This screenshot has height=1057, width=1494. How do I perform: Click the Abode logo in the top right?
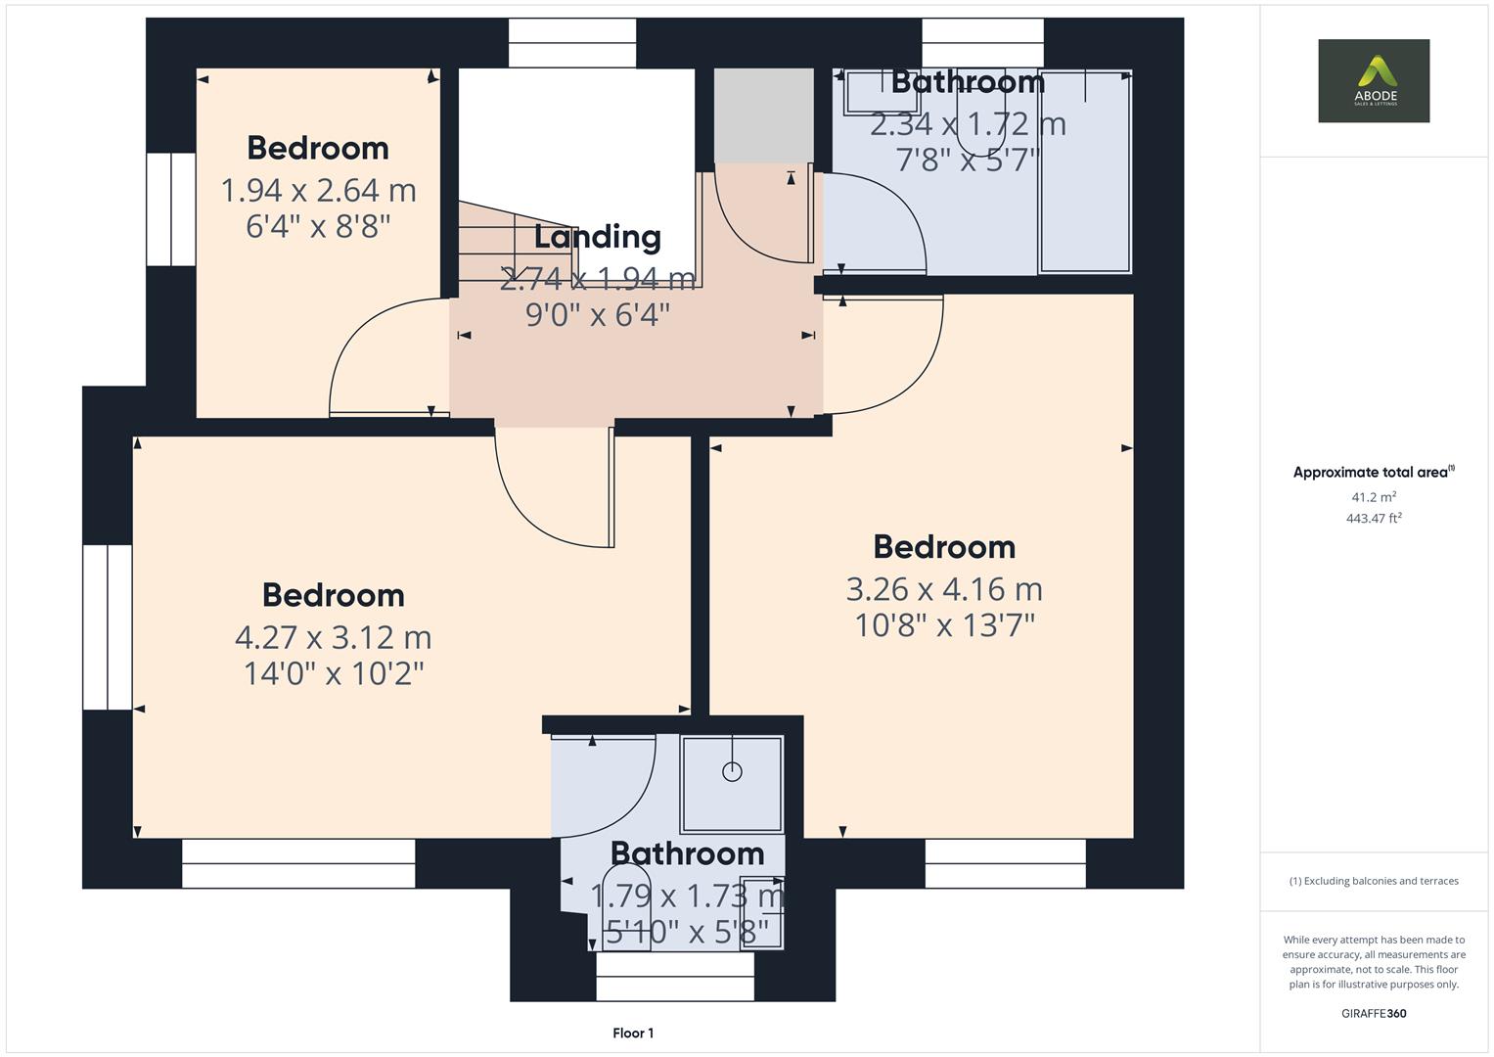click(1373, 80)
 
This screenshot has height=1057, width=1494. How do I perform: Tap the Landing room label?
click(597, 237)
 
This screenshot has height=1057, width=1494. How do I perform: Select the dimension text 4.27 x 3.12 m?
click(333, 637)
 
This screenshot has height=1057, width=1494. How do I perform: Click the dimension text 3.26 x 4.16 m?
click(944, 589)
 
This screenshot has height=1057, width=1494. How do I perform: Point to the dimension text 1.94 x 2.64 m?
click(318, 190)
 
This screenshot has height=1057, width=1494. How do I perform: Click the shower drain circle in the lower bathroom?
click(732, 771)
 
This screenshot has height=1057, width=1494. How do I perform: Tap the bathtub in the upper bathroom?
click(1085, 172)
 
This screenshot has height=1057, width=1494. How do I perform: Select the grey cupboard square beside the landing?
click(763, 115)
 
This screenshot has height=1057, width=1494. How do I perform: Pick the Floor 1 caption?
click(633, 1033)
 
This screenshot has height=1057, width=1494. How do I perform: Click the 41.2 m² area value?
click(1374, 497)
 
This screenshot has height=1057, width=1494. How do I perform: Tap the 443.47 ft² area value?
click(1374, 519)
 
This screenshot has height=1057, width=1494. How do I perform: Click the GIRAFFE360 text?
click(1374, 1013)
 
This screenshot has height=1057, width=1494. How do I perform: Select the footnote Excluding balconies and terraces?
click(1374, 881)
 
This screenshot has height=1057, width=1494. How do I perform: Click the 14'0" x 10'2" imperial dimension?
click(333, 673)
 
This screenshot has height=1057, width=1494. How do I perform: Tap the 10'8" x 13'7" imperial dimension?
click(944, 624)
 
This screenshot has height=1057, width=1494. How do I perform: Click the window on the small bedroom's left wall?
click(171, 208)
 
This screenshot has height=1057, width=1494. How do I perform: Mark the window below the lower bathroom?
click(675, 977)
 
